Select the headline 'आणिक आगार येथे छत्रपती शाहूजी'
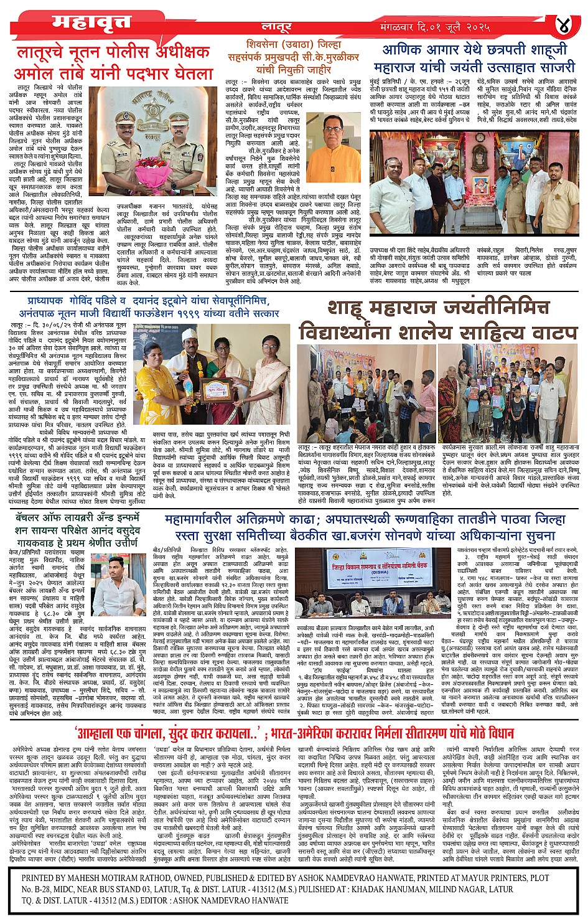[475, 49]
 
